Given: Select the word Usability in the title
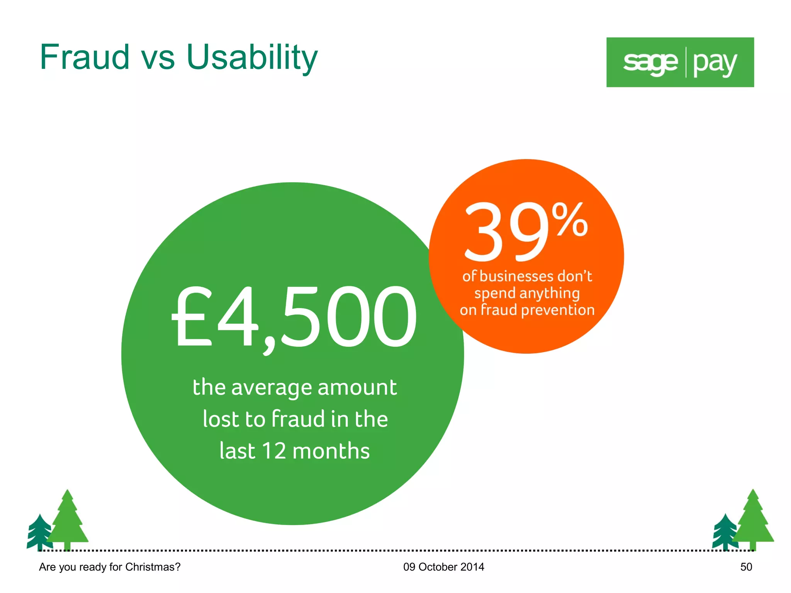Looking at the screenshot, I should point(252,58).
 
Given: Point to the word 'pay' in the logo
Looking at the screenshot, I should point(715,63).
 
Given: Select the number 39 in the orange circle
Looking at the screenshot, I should point(506,232).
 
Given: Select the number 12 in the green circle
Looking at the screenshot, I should point(273,451).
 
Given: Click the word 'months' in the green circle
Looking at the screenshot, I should point(331,451).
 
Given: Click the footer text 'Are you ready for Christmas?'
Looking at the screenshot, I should point(110,567).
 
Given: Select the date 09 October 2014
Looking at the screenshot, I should point(443,567).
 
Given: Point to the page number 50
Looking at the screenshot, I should point(746,567).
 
